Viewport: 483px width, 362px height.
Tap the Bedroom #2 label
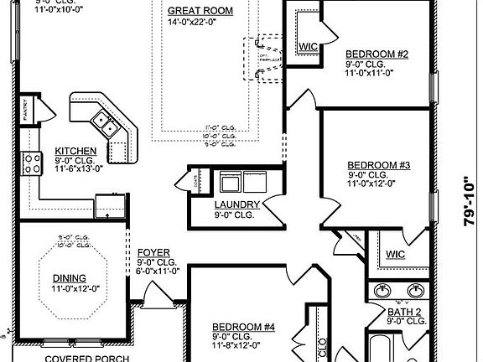click(x=377, y=54)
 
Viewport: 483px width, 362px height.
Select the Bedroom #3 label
click(x=378, y=165)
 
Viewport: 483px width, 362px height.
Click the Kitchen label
click(x=75, y=151)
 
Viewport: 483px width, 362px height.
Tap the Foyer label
click(x=154, y=252)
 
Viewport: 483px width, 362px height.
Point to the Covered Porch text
click(x=86, y=358)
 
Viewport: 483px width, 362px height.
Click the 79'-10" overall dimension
click(x=467, y=206)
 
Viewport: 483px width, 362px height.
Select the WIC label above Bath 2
click(x=395, y=254)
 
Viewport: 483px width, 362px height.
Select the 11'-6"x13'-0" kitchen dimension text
click(x=79, y=168)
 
